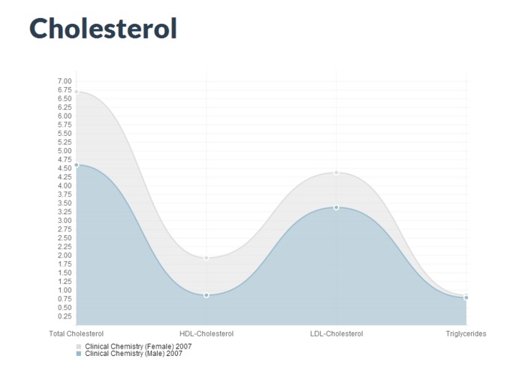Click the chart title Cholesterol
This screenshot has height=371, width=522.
point(103,29)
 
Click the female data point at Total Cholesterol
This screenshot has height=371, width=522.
point(76,92)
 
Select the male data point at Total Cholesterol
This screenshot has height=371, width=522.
point(76,164)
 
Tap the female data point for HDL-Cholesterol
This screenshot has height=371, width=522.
point(206,258)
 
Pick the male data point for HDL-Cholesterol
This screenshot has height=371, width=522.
point(206,295)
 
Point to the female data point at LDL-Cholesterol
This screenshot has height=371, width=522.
point(336,173)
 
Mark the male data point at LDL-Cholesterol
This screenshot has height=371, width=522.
point(336,207)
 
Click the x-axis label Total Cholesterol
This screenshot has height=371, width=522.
point(76,333)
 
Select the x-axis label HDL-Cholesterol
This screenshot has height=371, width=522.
point(207,333)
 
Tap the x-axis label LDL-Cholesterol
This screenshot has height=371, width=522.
point(336,333)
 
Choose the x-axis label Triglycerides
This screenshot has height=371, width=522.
point(466,333)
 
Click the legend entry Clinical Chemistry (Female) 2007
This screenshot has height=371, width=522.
point(138,346)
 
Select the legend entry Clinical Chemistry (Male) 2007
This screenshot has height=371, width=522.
point(134,353)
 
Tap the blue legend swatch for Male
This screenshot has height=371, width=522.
point(79,353)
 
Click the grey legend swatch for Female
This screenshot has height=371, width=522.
point(79,346)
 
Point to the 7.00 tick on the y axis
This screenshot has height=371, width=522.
point(64,81)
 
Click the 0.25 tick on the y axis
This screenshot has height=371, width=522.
point(64,316)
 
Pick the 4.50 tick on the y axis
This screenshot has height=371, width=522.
point(64,168)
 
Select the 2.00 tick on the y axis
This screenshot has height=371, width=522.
point(64,255)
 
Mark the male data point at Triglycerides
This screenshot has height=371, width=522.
point(466,297)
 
